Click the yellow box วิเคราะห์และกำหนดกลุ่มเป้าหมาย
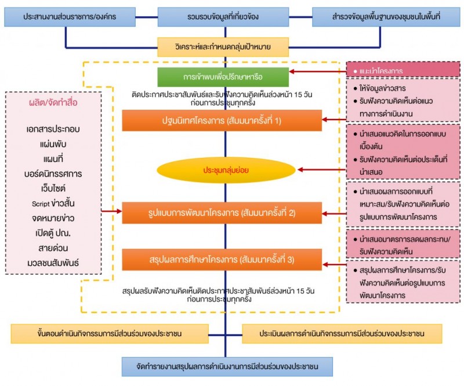(223, 46)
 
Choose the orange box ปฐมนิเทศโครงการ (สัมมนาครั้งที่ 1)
(222, 120)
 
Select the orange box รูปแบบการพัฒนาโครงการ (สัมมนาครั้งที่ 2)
(222, 212)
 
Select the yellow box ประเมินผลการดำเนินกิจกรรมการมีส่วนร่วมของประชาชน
(342, 334)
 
